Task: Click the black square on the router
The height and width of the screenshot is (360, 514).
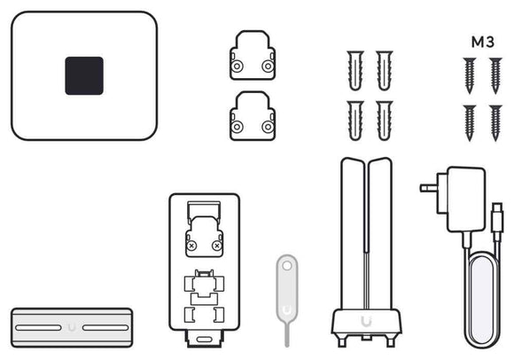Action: [84, 75]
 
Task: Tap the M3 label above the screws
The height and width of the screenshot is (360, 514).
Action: [482, 42]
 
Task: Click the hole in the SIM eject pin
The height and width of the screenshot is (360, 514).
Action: [287, 266]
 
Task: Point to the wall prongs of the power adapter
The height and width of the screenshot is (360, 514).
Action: [429, 188]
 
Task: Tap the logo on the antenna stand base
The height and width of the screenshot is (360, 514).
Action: [366, 321]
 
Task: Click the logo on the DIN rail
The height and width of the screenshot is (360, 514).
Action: [72, 327]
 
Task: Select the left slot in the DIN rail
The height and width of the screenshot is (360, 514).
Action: [38, 327]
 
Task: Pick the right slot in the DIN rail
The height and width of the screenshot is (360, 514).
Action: [105, 327]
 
